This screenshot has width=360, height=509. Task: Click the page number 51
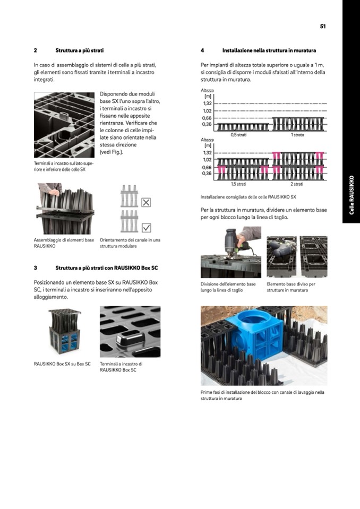pos(323,26)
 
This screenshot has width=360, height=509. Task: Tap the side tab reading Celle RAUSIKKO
pos(351,195)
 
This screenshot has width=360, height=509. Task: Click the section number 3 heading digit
pos(35,268)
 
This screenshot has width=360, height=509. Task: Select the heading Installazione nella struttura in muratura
pos(269,50)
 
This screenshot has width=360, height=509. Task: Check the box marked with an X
pos(147,202)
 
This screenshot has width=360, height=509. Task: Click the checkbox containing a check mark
pos(147,227)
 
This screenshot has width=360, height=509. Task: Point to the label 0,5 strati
pos(237,135)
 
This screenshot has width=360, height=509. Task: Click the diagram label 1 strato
pos(297,135)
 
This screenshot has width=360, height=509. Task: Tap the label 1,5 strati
pos(237,184)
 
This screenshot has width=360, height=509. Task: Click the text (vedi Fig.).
pos(112,152)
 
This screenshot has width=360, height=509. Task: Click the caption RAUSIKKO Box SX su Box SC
pos(62,364)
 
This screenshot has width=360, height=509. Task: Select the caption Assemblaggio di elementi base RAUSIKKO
pos(63,243)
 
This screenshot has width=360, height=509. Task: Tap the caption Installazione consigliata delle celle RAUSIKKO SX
pos(248,197)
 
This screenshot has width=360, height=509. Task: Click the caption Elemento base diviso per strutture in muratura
pos(290,287)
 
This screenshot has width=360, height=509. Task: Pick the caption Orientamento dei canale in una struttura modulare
pos(130,243)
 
